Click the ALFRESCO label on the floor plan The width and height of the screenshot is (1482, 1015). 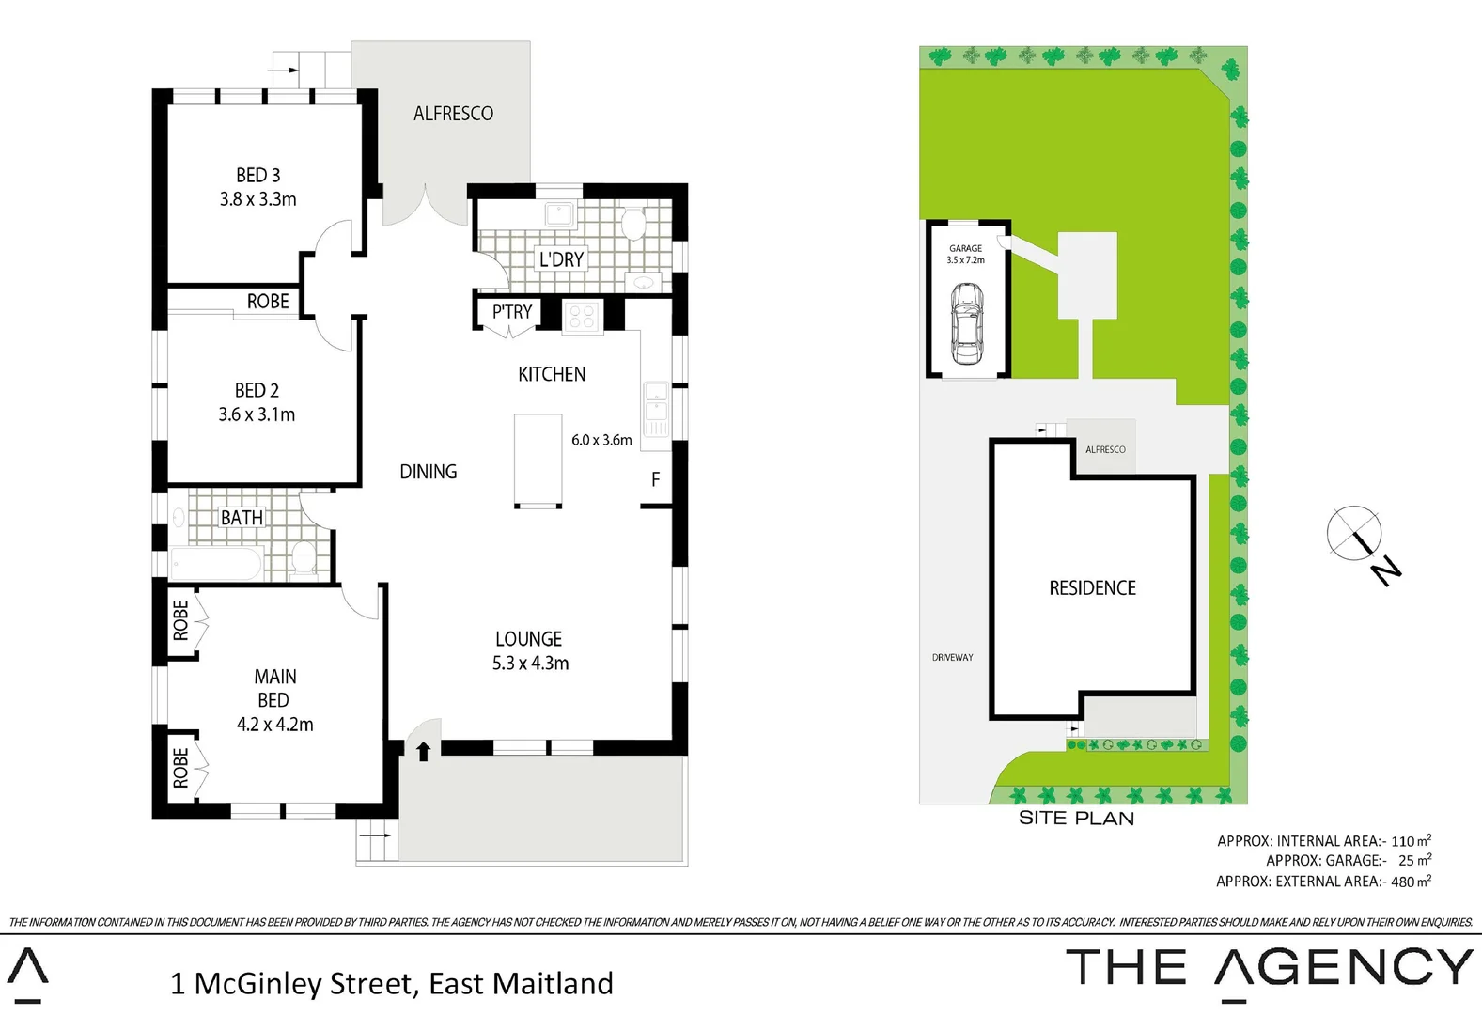(453, 114)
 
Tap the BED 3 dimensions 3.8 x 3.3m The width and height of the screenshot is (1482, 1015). (257, 199)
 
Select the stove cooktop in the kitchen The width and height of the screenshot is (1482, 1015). (582, 316)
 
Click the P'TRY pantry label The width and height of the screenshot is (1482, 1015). (512, 311)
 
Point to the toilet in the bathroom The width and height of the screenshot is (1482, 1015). (304, 558)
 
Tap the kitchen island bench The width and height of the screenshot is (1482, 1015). (538, 461)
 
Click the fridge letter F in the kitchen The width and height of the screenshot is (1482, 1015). (655, 479)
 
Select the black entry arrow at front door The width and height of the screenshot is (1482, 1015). (423, 750)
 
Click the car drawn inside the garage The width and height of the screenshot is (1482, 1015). (966, 324)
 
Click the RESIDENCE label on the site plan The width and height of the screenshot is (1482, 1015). (1092, 588)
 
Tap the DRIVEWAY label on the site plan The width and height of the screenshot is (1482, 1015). (952, 657)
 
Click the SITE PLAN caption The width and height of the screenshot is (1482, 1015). (1076, 819)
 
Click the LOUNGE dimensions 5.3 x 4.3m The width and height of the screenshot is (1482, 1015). (530, 664)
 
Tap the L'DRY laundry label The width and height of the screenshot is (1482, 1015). (561, 259)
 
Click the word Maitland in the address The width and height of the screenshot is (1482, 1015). (553, 984)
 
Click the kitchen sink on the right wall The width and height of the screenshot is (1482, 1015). (656, 401)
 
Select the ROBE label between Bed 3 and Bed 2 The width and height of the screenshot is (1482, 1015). (268, 302)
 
